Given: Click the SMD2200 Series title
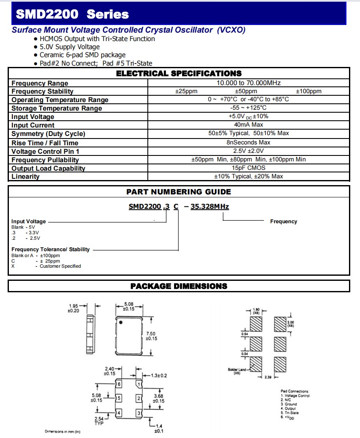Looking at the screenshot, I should [x=72, y=14].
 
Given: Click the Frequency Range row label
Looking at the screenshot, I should [x=39, y=83].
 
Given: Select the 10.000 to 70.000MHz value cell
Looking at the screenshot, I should [x=249, y=83].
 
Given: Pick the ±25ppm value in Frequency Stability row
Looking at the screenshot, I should [x=186, y=91].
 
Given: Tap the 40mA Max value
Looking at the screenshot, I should [x=249, y=125].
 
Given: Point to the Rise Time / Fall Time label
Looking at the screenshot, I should [x=44, y=143].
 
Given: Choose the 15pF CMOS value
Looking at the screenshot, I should [x=249, y=168].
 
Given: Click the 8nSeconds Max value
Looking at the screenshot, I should [x=249, y=142].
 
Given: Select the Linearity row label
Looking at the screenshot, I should [x=25, y=177].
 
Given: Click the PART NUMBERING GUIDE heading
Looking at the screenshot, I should [x=179, y=192].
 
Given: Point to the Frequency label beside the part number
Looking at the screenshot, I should [x=283, y=222].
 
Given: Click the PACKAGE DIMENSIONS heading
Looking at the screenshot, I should [x=179, y=286].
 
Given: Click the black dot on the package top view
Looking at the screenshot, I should [x=121, y=323].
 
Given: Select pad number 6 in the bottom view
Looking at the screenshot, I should [x=119, y=384].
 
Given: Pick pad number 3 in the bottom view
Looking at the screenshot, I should [x=138, y=413].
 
